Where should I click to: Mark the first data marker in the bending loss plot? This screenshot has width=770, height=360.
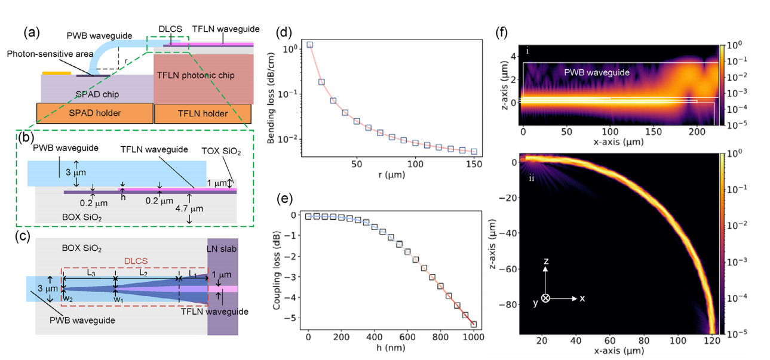click(x=309, y=45)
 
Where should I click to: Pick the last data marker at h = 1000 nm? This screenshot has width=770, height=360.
click(x=474, y=325)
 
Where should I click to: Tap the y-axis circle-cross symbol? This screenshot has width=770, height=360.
click(x=545, y=298)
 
